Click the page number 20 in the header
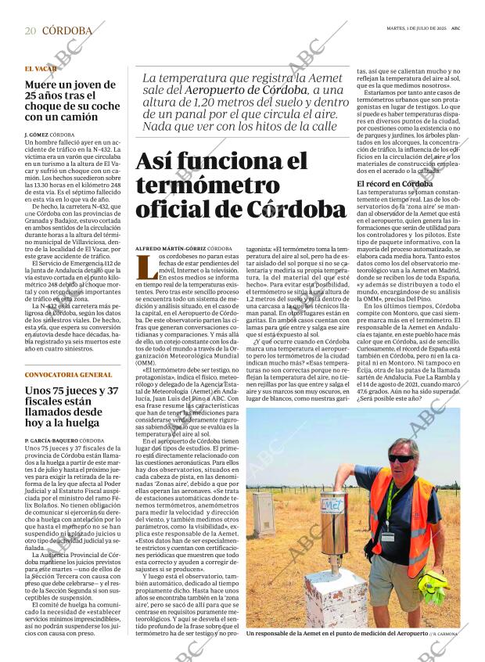click(x=30, y=31)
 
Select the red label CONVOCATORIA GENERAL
click(x=68, y=375)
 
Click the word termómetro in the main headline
click(x=207, y=185)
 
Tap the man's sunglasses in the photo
click(x=401, y=459)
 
